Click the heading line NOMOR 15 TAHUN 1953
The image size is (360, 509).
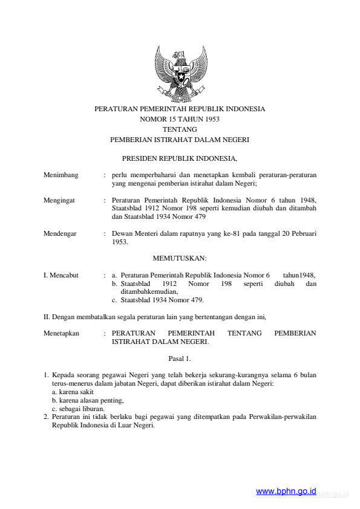click(180, 119)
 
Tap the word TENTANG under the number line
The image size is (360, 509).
click(180, 129)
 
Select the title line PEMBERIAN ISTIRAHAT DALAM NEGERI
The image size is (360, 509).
click(180, 139)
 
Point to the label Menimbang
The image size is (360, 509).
click(61, 175)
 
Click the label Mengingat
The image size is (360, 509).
click(59, 198)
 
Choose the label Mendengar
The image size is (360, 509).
click(60, 233)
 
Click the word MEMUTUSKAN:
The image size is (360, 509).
click(180, 258)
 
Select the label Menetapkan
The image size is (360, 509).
click(62, 333)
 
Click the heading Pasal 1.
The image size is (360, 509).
click(180, 358)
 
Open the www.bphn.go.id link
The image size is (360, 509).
click(286, 492)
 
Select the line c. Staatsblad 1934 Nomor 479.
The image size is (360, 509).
click(158, 300)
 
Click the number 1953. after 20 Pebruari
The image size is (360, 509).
click(120, 241)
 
